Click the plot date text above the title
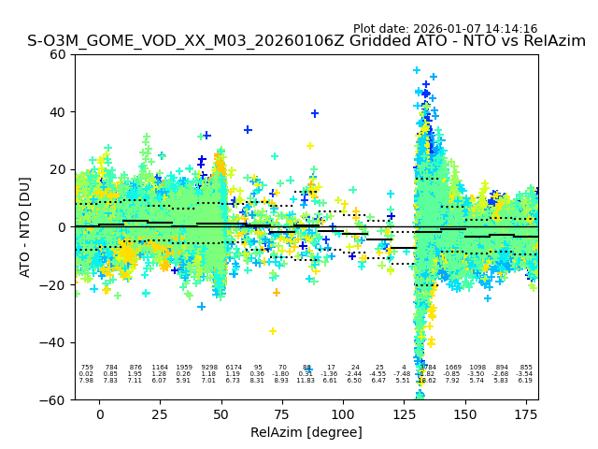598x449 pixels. [445, 29]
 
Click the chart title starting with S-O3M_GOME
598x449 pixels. [306, 42]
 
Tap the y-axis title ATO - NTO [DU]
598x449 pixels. [25, 227]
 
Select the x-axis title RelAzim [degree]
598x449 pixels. [306, 432]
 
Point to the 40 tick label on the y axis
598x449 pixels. [58, 112]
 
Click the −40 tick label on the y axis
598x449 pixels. [54, 342]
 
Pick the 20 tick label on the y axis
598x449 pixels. [58, 169]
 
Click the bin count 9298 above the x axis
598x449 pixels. [208, 368]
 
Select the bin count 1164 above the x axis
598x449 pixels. [160, 368]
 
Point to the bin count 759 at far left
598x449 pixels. [87, 368]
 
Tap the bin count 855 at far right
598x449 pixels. [526, 368]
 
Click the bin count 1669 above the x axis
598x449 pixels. [453, 368]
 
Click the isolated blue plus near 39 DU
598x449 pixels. [315, 114]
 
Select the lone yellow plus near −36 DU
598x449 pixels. [273, 331]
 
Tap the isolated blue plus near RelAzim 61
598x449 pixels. [248, 130]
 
